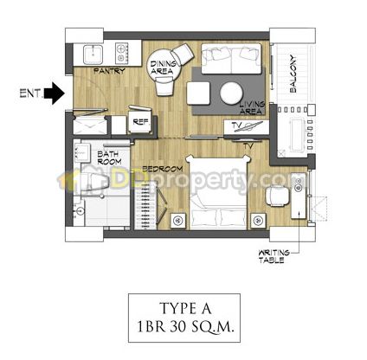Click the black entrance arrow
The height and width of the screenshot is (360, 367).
pos(55,93)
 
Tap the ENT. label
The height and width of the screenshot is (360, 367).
pos(30,93)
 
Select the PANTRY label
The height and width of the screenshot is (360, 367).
pos(109,71)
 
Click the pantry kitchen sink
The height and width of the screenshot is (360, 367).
pos(93,55)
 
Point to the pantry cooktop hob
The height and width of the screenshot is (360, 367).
pos(122,53)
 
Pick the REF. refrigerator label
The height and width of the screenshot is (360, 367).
pos(141,122)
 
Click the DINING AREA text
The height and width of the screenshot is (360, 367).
pos(164,67)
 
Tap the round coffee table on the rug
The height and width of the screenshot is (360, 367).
pos(231,93)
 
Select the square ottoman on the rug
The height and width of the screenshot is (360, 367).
pos(198,93)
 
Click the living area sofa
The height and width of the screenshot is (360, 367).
pos(231,59)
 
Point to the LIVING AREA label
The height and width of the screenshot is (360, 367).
pos(252,108)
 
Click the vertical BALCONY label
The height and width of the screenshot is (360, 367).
pos(293,74)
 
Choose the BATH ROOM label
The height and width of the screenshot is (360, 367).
pos(109,157)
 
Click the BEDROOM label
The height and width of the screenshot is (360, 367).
pos(163,169)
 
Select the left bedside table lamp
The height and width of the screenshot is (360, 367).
pos(178,221)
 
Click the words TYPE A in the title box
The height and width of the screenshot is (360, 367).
pos(185,309)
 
